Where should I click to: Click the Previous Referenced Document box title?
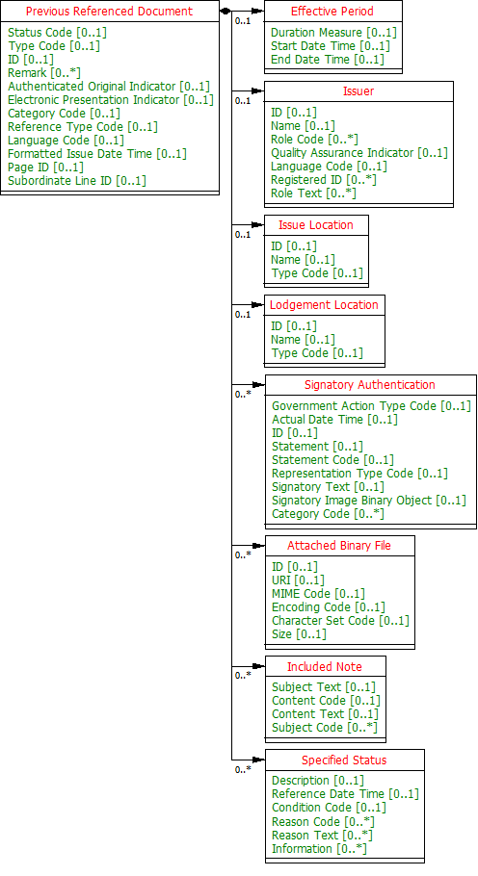pos(109,12)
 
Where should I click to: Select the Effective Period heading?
pos(332,12)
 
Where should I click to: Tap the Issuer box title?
pos(358,91)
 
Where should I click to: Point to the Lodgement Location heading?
pos(324,305)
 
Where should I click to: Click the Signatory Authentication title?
pos(370,385)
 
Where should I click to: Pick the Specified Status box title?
pos(344,760)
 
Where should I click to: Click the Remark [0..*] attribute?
pos(44,73)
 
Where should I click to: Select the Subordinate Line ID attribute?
pos(77,180)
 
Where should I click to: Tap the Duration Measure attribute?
pos(333,33)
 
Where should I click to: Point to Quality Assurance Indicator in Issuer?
pos(358,153)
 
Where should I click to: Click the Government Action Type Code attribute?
pos(371,406)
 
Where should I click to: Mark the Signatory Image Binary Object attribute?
pos(368,501)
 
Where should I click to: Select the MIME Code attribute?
pos(318,594)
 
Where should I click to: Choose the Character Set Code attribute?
pos(340,621)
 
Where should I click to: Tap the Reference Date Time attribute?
pos(345,794)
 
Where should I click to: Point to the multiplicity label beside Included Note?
pos(243,675)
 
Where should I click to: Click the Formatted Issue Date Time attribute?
pos(97,153)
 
